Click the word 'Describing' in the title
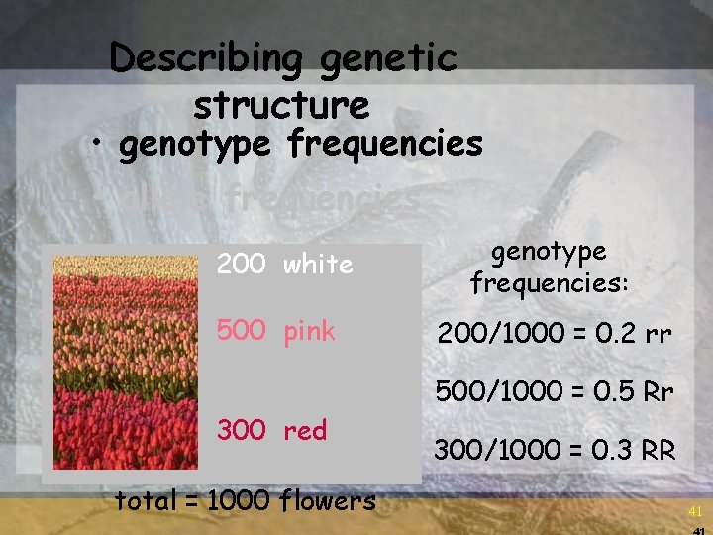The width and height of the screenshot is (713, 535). [x=208, y=59]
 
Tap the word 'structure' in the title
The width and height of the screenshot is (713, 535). [x=282, y=104]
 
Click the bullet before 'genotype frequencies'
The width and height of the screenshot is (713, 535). [x=98, y=146]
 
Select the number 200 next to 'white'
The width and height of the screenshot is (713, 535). [x=241, y=265]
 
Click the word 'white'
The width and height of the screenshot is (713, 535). [x=318, y=265]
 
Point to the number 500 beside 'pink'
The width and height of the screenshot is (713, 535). [x=241, y=331]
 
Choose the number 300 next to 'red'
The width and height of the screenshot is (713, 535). [x=241, y=430]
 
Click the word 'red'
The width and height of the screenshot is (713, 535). [x=305, y=431]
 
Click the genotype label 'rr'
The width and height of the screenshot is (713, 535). [x=658, y=337]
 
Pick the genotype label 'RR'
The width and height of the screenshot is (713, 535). [x=656, y=451]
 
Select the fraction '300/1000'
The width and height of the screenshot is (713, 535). [x=490, y=451]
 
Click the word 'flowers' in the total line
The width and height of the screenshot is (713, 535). [x=329, y=500]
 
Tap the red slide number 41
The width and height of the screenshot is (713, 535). [x=696, y=512]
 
